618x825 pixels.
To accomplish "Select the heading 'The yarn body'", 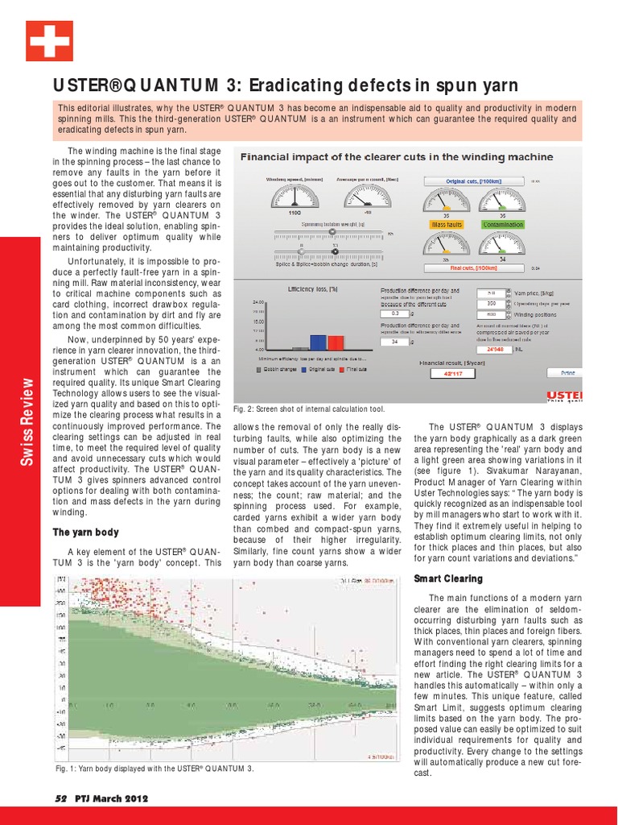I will (86, 532).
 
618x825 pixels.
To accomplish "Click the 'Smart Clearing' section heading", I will (447, 578).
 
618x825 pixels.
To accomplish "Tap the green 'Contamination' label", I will (503, 226).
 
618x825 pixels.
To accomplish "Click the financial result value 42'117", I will (454, 374).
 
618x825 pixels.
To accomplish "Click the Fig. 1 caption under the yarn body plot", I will (154, 769).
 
